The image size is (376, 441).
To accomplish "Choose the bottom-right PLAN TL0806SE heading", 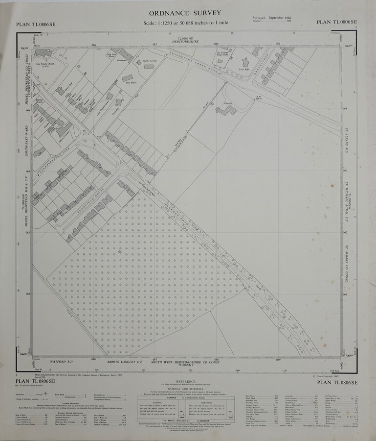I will [x=337, y=382].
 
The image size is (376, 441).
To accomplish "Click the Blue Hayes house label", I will [x=131, y=83].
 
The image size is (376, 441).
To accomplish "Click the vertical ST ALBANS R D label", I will [x=346, y=142].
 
